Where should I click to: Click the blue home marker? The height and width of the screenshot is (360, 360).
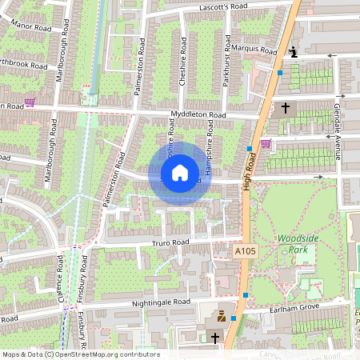(x=180, y=173)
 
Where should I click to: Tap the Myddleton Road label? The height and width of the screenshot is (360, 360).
(x=198, y=115)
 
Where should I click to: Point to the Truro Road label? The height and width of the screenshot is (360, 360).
(x=170, y=242)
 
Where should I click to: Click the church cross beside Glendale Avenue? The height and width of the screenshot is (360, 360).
(x=286, y=106)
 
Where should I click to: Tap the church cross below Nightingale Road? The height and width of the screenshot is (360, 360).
(x=214, y=338)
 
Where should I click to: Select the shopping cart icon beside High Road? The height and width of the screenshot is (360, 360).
(x=265, y=144)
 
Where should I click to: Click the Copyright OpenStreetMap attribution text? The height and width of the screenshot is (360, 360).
(x=81, y=354)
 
